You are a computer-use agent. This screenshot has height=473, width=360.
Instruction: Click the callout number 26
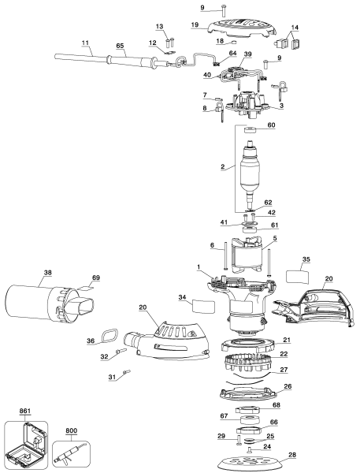point(287,386)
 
